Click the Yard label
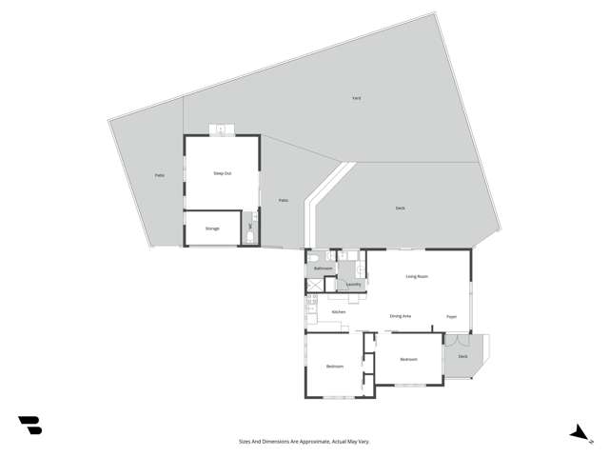[356, 98]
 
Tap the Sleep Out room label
[222, 172]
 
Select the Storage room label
[213, 228]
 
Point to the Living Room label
[417, 276]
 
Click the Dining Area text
[401, 316]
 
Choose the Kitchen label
[338, 312]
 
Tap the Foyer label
[451, 316]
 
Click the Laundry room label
[352, 284]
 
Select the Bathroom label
[324, 268]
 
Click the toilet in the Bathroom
[313, 257]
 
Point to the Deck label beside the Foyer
[462, 356]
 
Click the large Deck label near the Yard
[401, 208]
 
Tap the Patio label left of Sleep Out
[159, 175]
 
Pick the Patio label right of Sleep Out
[283, 200]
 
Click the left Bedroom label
[334, 367]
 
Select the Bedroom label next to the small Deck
[408, 359]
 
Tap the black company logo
[29, 426]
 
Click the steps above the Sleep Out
[222, 129]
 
